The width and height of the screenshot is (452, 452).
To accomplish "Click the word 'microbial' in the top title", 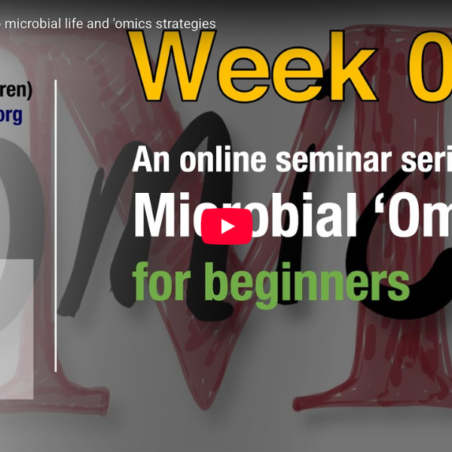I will click(x=38, y=23).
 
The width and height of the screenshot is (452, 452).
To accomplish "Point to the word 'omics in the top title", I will click(x=131, y=23).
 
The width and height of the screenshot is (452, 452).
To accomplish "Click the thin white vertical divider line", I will click(x=56, y=226).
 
